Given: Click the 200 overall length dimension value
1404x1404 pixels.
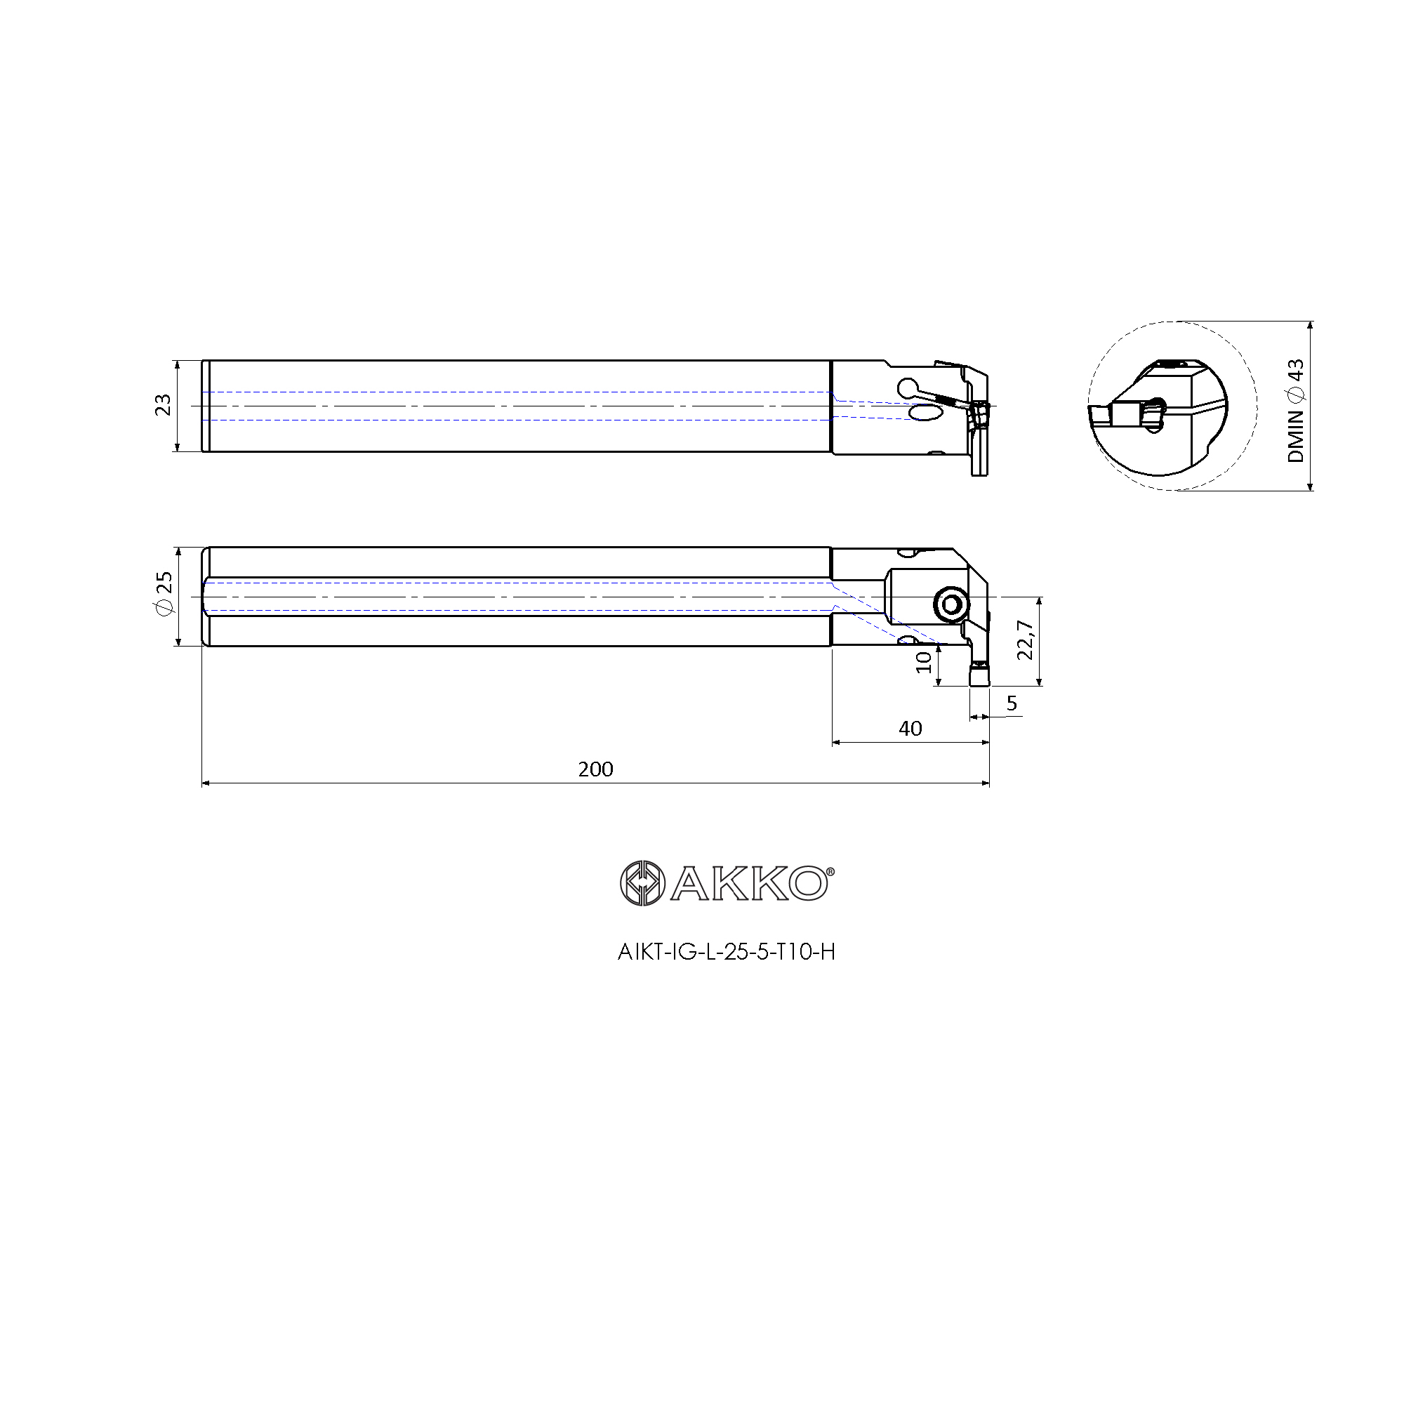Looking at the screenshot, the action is tap(595, 769).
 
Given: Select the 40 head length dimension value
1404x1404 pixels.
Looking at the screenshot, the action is tap(910, 728).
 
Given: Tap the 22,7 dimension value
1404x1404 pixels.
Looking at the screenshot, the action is tap(1025, 640).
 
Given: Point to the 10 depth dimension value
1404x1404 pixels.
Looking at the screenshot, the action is tap(923, 662).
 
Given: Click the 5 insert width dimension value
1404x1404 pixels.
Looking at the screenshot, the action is tap(1012, 703).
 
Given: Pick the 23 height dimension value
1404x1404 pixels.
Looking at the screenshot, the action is tap(163, 405).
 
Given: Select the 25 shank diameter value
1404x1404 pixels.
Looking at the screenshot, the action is tap(164, 582).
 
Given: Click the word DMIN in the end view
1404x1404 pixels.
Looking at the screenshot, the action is tap(1295, 436).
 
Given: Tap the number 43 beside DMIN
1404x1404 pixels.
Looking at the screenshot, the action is tap(1295, 371).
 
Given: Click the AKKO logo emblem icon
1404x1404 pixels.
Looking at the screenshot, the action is tap(642, 883).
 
